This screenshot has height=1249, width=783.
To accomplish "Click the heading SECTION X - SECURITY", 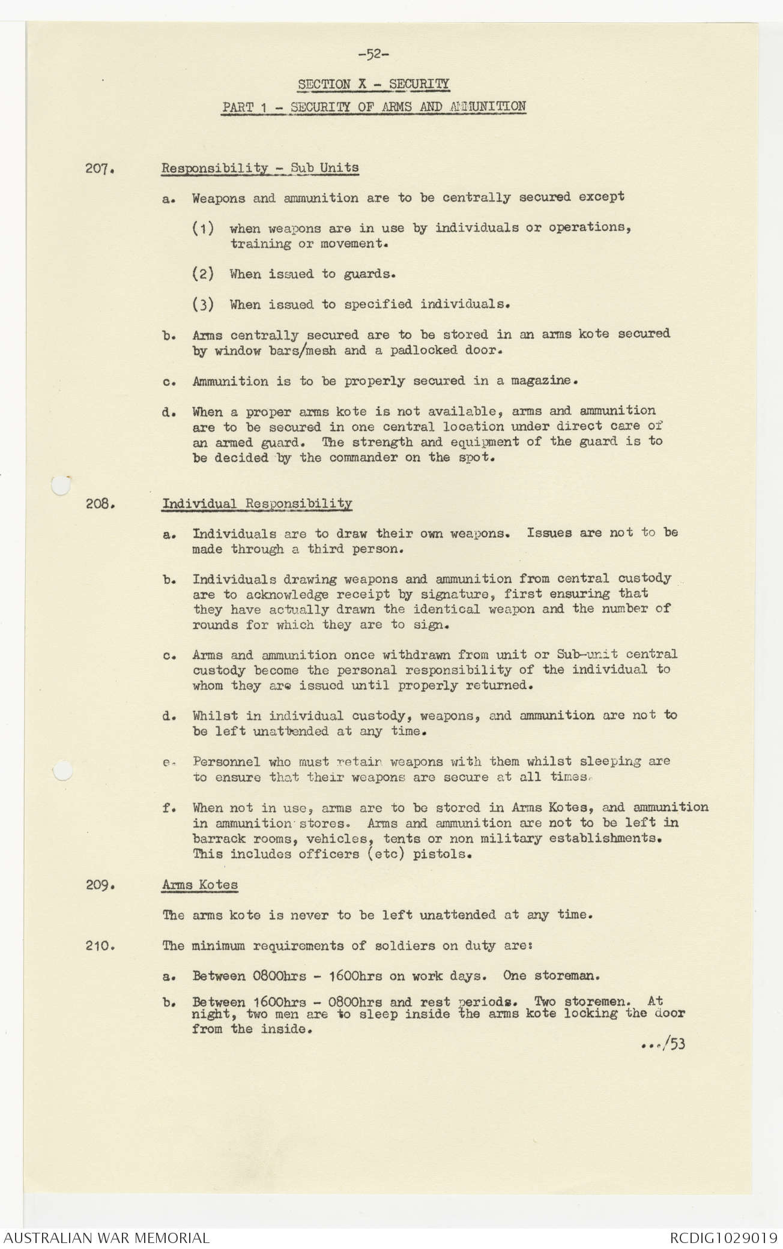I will [x=373, y=84].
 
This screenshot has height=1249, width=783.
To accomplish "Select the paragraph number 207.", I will [x=100, y=169].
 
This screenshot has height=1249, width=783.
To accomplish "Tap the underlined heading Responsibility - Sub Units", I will [x=260, y=168].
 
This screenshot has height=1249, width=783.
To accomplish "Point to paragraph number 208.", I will [x=100, y=504].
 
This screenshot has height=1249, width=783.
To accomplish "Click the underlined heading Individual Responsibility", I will [x=257, y=504].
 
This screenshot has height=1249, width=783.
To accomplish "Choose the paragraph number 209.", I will [x=100, y=885].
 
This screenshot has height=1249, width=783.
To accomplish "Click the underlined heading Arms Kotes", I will [x=200, y=885].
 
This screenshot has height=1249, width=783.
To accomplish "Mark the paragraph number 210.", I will [x=100, y=946].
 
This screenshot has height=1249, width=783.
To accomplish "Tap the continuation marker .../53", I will [x=664, y=1044].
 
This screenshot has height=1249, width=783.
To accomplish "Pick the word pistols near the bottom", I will [x=442, y=853].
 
